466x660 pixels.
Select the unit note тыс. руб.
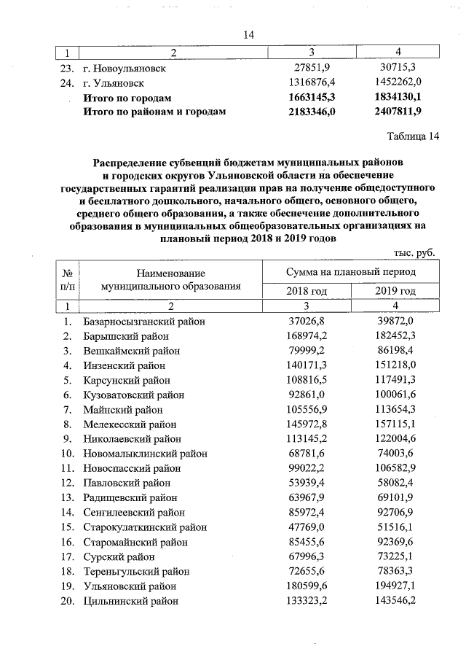pyautogui.click(x=414, y=252)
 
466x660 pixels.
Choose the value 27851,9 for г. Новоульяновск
pyautogui.click(x=312, y=68)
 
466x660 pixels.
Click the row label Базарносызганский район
pyautogui.click(x=144, y=322)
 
